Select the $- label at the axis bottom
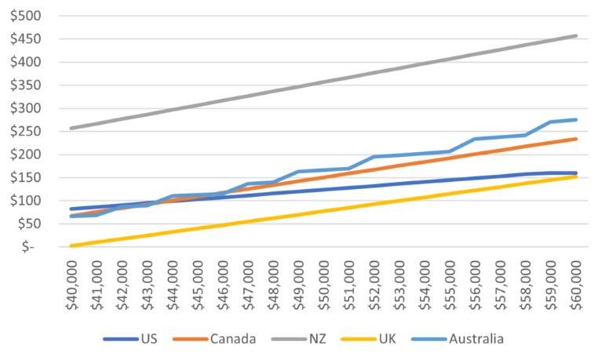[29, 246]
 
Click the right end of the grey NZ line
[577, 35]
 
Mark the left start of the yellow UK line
[71, 245]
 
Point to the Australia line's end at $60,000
[577, 119]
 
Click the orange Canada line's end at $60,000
[577, 139]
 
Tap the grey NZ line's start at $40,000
[71, 128]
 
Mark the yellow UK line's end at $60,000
[577, 176]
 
